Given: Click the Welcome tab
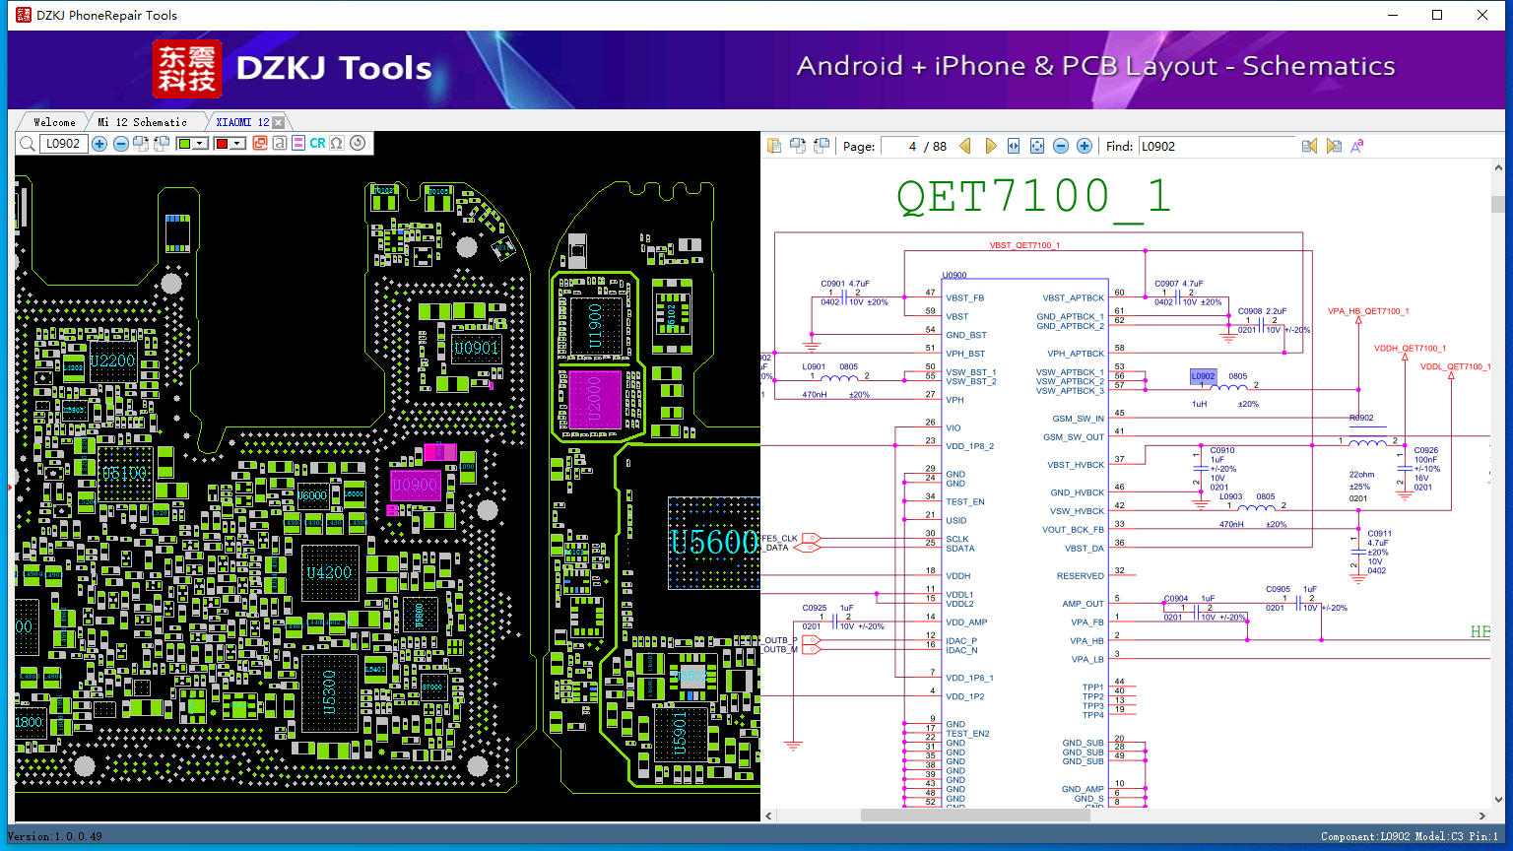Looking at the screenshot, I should (54, 122).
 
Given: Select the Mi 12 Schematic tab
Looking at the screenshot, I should (142, 122).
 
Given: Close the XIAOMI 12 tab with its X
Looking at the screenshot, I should (279, 122).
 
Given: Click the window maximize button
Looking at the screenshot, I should (1437, 15).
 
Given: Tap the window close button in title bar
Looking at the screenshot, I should (1482, 15).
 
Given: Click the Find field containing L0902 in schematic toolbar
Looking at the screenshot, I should (1216, 146).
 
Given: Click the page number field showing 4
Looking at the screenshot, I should (900, 146).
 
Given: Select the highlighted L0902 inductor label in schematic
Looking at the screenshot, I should (1203, 376).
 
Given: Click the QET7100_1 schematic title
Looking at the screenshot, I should (1033, 197).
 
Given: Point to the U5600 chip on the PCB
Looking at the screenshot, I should (714, 543).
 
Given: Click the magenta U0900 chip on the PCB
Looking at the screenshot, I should (415, 486).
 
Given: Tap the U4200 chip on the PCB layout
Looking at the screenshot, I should (329, 572).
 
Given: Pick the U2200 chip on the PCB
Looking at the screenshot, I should (112, 360).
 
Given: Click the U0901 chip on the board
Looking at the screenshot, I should (476, 348).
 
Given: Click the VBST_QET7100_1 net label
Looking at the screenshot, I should (1024, 245).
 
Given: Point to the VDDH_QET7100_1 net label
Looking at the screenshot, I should (1410, 349).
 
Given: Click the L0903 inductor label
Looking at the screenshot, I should (1230, 497).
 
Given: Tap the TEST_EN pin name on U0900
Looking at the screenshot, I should (964, 502).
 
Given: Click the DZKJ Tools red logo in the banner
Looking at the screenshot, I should (187, 69).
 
